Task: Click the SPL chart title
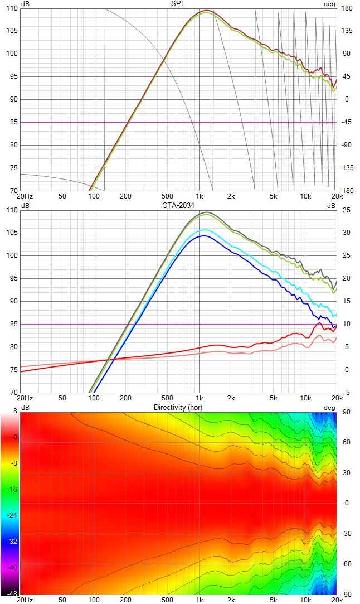[178, 4]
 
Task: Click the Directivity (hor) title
[178, 408]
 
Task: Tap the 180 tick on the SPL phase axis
[346, 8]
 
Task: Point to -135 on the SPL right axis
[347, 168]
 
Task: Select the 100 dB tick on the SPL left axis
[12, 54]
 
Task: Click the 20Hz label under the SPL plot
[25, 196]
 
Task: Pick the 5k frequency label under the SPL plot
[274, 196]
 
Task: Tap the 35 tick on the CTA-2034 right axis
[346, 210]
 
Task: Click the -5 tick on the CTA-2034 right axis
[346, 392]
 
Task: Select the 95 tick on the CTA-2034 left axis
[13, 278]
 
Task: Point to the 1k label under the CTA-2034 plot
[200, 398]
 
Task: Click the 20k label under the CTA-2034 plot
[337, 398]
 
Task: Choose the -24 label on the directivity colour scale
[11, 515]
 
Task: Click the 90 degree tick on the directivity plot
[346, 413]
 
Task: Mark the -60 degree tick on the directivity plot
[346, 564]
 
